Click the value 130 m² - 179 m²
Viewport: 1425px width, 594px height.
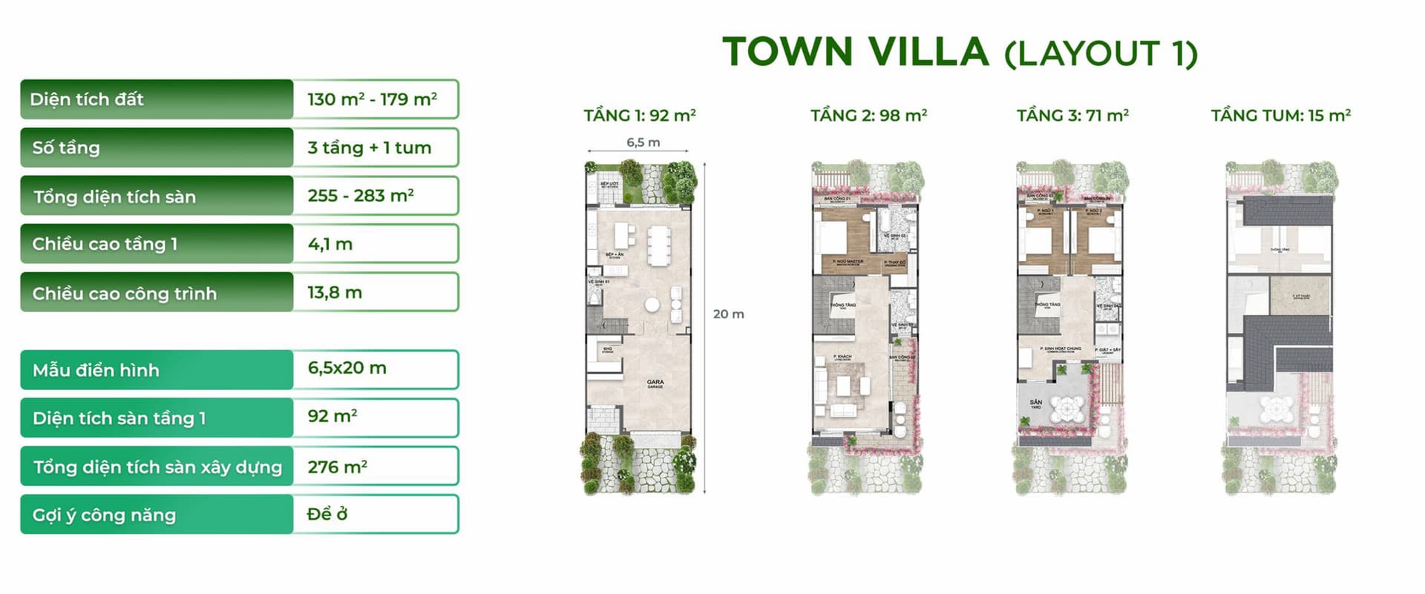point(372,99)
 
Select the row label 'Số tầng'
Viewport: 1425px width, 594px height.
point(66,148)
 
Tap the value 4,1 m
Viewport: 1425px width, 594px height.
point(330,244)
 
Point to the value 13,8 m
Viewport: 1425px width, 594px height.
point(335,292)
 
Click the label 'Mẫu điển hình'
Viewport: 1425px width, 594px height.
point(96,370)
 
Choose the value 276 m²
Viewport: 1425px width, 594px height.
point(337,467)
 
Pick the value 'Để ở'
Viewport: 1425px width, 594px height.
point(327,514)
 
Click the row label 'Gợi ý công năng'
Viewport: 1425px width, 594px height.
point(104,515)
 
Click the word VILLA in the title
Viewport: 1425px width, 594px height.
point(928,52)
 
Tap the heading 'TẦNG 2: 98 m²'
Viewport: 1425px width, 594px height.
point(868,116)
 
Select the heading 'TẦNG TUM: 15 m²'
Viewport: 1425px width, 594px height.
point(1280,116)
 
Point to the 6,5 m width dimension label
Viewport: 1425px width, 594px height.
point(643,142)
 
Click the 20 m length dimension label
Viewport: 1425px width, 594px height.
point(728,314)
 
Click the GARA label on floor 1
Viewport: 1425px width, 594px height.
point(655,383)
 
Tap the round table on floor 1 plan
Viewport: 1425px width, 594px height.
point(652,304)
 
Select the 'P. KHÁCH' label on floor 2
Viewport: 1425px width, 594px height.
point(842,357)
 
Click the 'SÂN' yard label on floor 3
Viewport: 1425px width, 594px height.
point(1035,403)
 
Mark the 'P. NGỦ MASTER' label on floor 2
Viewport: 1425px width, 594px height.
point(848,262)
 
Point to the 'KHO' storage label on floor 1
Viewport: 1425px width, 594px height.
point(607,349)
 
